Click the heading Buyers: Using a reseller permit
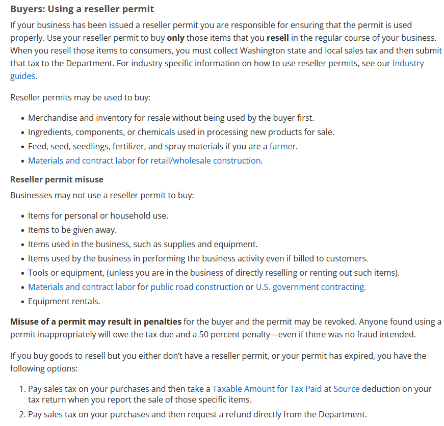pos(82,9)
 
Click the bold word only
pos(175,38)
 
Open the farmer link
pos(282,146)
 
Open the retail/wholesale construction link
pos(205,161)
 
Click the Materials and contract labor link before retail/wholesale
pos(82,161)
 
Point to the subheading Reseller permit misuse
pos(57,179)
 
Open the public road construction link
pos(197,287)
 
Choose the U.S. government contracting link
pos(309,287)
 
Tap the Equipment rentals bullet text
pos(64,301)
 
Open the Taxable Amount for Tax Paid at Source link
pos(286,389)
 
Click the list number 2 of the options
pos(22,414)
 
